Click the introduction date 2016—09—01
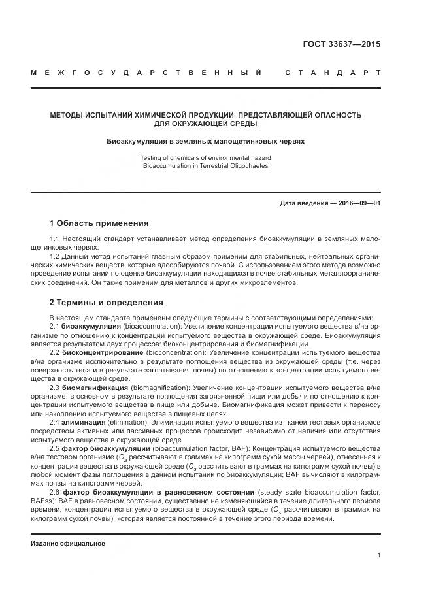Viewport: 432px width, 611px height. pos(356,203)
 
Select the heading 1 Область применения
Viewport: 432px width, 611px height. pos(99,223)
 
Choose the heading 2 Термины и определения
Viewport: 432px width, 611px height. pos(107,303)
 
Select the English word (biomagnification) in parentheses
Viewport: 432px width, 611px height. pos(159,388)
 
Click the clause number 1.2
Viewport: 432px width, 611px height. pos(55,257)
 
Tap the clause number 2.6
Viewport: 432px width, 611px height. pos(55,492)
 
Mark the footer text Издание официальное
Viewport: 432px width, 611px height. pos(68,543)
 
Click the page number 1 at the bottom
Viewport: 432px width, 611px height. pos(379,555)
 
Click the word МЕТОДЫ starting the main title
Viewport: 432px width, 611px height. pos(68,114)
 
